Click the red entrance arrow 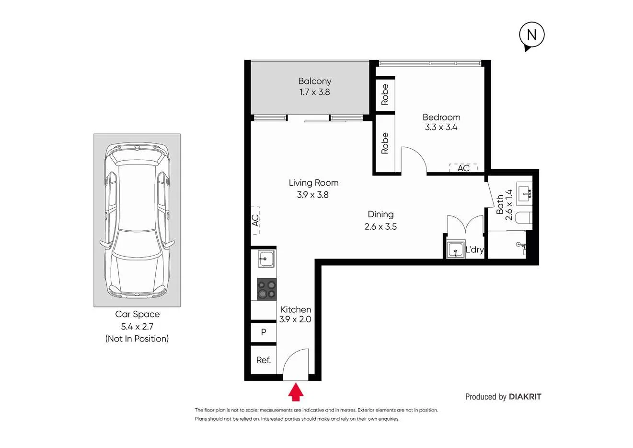point(296,391)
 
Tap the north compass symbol point(531,35)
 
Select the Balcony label point(314,81)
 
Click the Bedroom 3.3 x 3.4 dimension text point(441,128)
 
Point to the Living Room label point(313,183)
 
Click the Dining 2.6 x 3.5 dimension point(380,227)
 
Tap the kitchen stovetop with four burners point(266,289)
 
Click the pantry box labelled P point(264,332)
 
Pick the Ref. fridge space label point(264,360)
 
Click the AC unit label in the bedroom point(463,168)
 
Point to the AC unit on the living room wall point(255,220)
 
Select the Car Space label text point(137,314)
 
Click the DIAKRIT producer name point(525,397)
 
